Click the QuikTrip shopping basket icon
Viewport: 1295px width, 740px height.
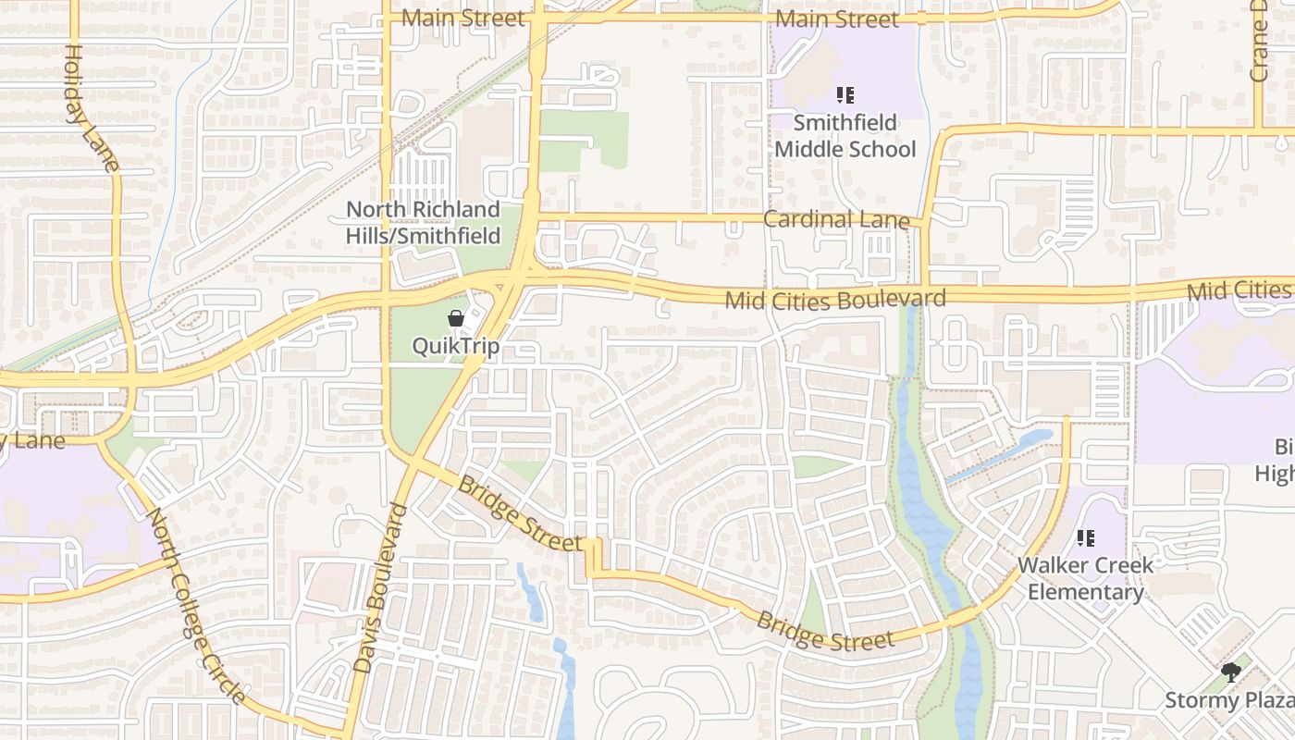pos(456,319)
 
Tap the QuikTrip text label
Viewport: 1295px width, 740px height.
pos(456,347)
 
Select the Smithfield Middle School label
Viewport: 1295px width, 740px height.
pos(845,136)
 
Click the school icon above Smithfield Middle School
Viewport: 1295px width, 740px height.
pos(845,94)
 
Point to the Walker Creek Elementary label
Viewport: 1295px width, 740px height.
pos(1086,578)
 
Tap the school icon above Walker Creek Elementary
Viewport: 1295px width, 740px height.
pos(1086,537)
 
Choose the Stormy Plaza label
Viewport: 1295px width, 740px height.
pos(1228,700)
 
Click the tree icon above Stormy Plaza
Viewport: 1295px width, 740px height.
pos(1230,672)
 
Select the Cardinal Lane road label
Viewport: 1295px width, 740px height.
pos(836,219)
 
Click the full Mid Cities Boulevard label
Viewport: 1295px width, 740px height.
pos(835,300)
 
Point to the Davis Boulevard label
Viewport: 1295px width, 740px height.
pos(382,587)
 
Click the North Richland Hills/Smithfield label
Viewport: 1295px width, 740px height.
pos(423,223)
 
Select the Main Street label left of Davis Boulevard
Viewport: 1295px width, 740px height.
pos(463,18)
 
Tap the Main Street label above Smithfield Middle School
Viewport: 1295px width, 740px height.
pos(837,19)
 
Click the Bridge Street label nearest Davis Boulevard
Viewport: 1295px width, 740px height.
pos(520,513)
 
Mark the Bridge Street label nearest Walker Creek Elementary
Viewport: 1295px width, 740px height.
pos(825,630)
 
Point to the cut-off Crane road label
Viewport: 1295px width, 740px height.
pos(1259,42)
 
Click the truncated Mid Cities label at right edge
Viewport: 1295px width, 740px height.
pos(1239,290)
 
